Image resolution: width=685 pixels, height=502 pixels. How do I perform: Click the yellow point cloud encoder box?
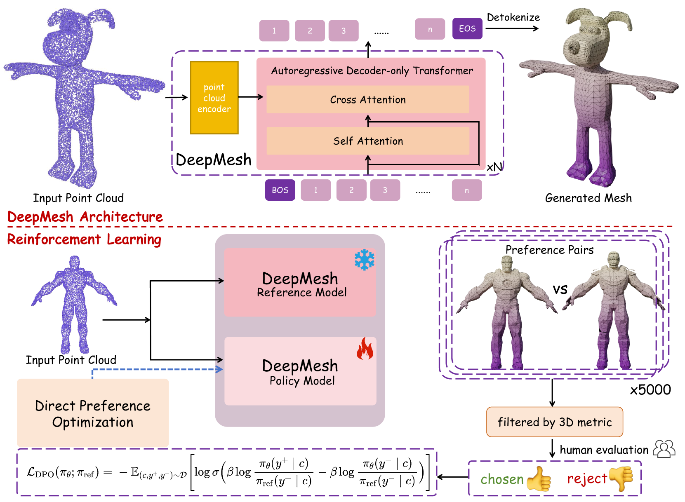click(x=214, y=98)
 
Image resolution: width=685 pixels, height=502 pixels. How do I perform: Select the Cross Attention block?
click(x=367, y=99)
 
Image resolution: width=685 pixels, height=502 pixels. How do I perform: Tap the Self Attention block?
click(x=367, y=141)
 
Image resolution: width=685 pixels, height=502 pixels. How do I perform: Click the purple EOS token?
click(x=467, y=28)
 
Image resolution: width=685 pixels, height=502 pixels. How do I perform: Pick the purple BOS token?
click(x=280, y=190)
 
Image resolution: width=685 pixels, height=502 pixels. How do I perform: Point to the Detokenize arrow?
click(x=512, y=28)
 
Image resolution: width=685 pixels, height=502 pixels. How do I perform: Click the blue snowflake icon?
click(x=365, y=260)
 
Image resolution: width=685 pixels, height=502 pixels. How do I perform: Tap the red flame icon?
click(x=365, y=349)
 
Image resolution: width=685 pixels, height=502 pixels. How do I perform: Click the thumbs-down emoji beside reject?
click(x=621, y=479)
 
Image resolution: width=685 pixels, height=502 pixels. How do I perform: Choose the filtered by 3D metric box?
click(x=554, y=422)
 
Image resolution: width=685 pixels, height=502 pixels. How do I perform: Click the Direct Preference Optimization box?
click(x=93, y=413)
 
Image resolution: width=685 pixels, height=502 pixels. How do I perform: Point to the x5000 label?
click(x=650, y=389)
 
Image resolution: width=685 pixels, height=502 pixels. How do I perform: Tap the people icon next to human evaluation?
click(x=664, y=449)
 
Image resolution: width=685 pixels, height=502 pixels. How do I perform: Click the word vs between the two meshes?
click(x=560, y=289)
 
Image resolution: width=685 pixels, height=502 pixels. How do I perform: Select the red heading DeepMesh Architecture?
click(x=85, y=217)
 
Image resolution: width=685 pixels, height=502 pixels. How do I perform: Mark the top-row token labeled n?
click(x=430, y=29)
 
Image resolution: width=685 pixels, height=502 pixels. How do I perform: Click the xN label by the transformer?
click(x=494, y=167)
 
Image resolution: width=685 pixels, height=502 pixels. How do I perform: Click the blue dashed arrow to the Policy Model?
click(x=157, y=370)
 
